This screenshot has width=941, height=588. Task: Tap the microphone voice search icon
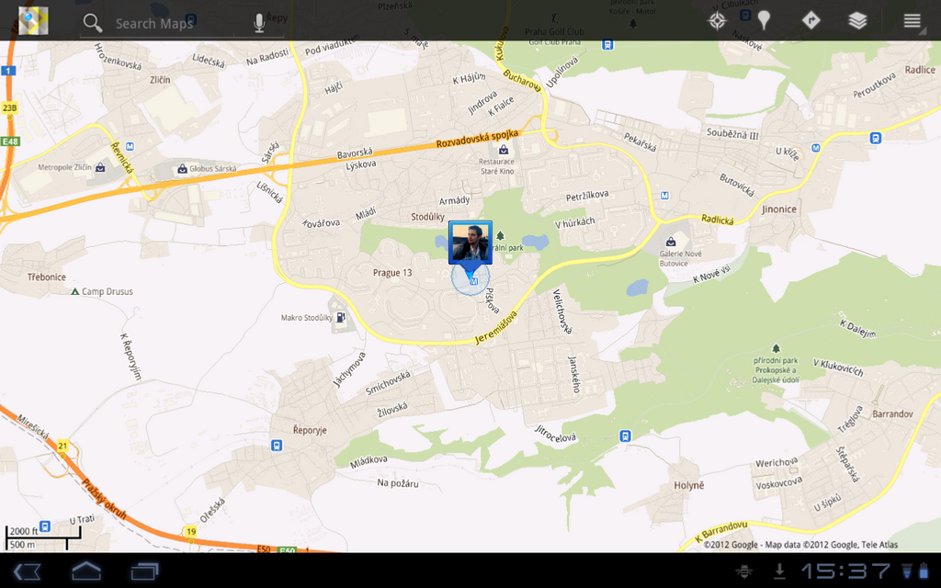pos(259,23)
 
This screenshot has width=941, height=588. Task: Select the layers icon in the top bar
pos(857,20)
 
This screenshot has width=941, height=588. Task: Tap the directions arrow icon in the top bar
pos(811,20)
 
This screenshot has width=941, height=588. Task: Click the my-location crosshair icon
pos(718,20)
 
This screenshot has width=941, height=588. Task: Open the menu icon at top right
pos(912,20)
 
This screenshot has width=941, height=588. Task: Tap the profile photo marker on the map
pos(470,243)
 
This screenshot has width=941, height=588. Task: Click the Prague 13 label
pos(392,273)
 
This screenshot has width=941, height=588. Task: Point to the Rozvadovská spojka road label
pos(477,139)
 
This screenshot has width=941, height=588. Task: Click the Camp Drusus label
pos(107,292)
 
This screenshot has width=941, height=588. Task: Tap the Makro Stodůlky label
pos(306,318)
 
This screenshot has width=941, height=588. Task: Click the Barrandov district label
pos(891,413)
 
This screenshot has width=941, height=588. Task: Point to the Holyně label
pos(688,484)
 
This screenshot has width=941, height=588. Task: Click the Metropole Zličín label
pos(64,168)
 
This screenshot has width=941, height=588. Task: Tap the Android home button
pos(86,571)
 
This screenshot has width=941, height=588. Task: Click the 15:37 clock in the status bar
pos(845,571)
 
